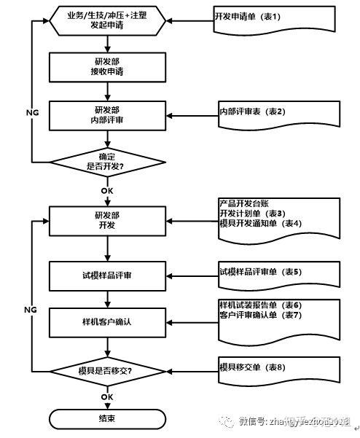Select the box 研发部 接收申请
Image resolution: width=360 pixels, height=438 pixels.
[106, 68]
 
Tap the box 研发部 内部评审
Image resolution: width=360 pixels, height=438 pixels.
[106, 115]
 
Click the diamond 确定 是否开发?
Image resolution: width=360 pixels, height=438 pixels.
[106, 161]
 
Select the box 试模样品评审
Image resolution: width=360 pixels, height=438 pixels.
[106, 275]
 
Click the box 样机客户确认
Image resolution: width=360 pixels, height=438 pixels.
[106, 321]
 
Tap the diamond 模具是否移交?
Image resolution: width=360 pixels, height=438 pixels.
[106, 370]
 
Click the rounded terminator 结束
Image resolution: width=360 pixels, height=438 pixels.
[106, 419]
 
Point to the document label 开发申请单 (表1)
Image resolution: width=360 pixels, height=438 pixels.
[248, 15]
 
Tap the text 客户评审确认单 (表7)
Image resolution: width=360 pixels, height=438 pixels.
[260, 314]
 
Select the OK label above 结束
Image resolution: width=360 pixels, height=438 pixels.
[106, 396]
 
